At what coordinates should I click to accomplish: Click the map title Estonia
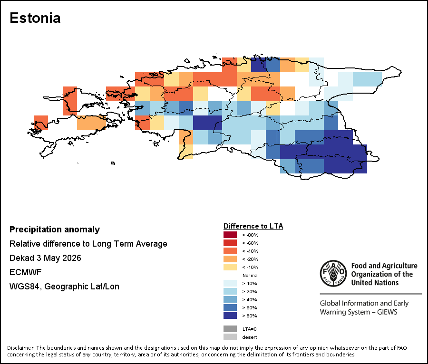35,18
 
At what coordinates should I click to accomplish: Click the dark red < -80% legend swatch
230,235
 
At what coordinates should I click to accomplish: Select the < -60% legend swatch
230,243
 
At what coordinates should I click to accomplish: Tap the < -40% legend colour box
230,251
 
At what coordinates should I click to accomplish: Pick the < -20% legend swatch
230,259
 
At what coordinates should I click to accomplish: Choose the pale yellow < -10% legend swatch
230,267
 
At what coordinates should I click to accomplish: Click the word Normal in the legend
250,276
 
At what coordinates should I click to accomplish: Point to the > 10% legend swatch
230,283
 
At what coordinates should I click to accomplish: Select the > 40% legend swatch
230,299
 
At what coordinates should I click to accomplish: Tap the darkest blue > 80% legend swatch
230,316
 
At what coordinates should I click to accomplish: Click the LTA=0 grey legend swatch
230,329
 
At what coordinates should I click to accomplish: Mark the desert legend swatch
230,337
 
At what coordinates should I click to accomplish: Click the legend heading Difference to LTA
253,226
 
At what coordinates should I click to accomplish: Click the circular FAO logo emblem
333,274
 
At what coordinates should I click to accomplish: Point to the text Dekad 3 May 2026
45,258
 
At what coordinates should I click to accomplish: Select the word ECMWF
25,272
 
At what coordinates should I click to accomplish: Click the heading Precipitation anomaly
55,230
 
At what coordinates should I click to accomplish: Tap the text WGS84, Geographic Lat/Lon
64,287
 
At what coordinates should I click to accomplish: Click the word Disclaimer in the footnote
21,348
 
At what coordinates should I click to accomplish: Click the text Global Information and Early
364,303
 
